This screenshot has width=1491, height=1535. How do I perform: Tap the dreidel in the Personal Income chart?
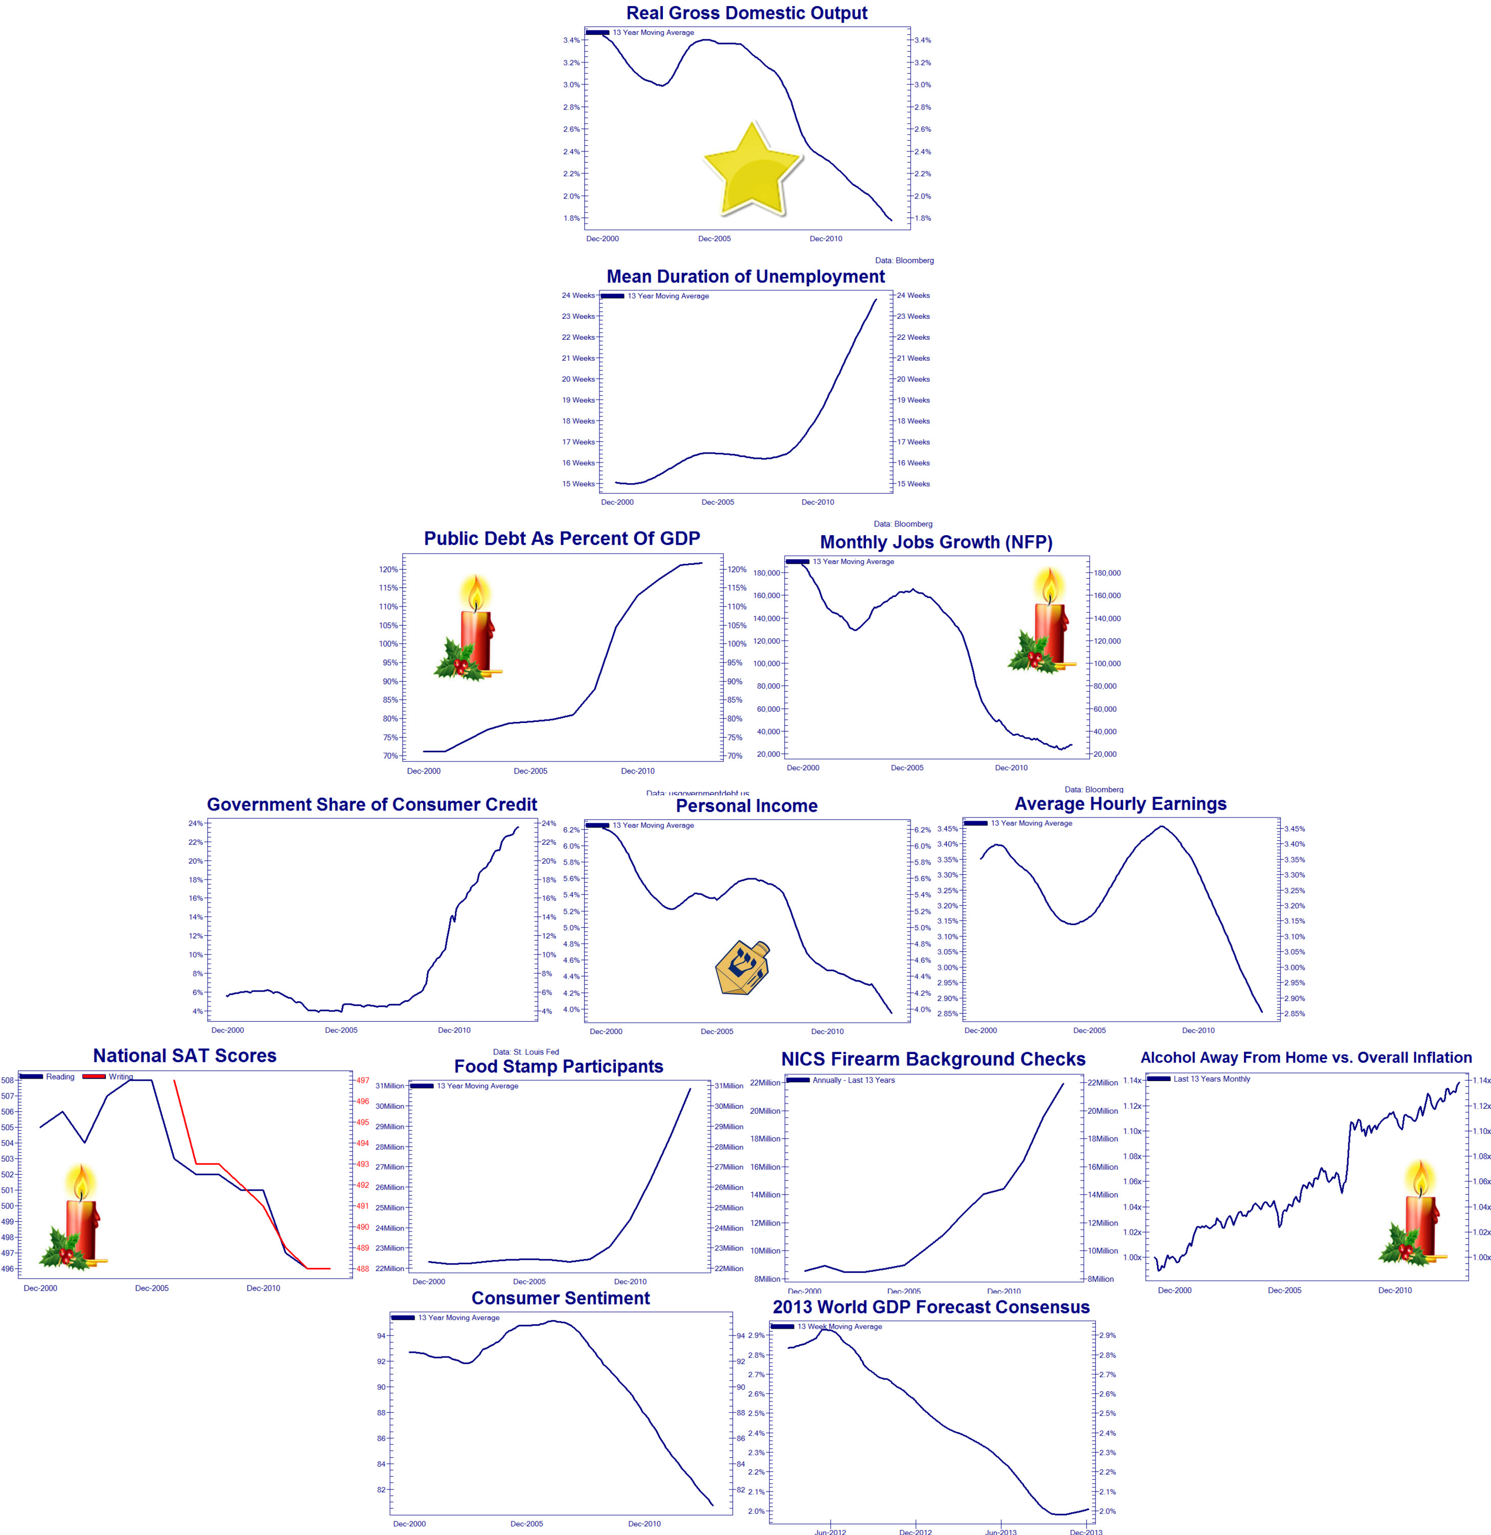742,968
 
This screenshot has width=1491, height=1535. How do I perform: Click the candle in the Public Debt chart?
470,629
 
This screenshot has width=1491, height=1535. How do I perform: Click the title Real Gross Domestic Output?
746,13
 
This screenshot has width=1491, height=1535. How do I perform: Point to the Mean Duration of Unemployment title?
746,276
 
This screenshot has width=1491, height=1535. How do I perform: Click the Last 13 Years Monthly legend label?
1211,1079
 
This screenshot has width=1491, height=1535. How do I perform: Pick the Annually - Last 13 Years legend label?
854,1080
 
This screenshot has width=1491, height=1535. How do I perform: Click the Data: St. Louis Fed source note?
525,1052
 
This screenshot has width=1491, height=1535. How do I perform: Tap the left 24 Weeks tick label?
578,295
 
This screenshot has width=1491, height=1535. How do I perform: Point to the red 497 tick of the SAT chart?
363,1080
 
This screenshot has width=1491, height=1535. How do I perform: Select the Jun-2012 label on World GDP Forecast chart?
830,1531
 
